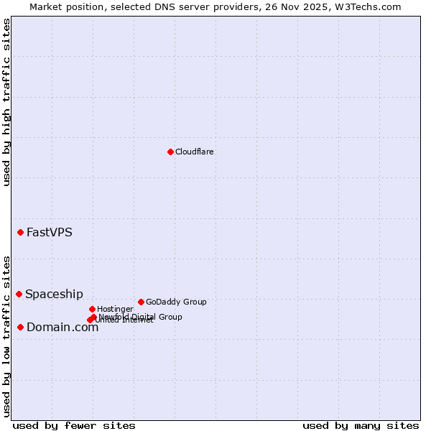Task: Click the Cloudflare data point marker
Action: pyautogui.click(x=170, y=152)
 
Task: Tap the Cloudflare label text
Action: pyautogui.click(x=195, y=152)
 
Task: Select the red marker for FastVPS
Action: pyautogui.click(x=20, y=232)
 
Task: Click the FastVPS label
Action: pyautogui.click(x=50, y=232)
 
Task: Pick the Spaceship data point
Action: pyautogui.click(x=19, y=294)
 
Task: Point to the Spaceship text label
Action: pyautogui.click(x=55, y=294)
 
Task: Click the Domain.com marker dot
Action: pyautogui.click(x=20, y=327)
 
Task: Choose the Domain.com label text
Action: pyautogui.click(x=62, y=328)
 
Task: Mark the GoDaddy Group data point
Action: pyautogui.click(x=141, y=302)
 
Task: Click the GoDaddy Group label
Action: pyautogui.click(x=176, y=302)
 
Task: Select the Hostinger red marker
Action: pyautogui.click(x=92, y=309)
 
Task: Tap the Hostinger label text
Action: pyautogui.click(x=115, y=309)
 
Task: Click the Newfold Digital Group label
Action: pyautogui.click(x=141, y=316)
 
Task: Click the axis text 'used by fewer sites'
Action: pyautogui.click(x=74, y=425)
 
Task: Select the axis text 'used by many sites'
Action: pyautogui.click(x=361, y=425)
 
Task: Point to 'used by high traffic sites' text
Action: pyautogui.click(x=6, y=102)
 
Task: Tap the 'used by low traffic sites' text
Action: pyautogui.click(x=6, y=336)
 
